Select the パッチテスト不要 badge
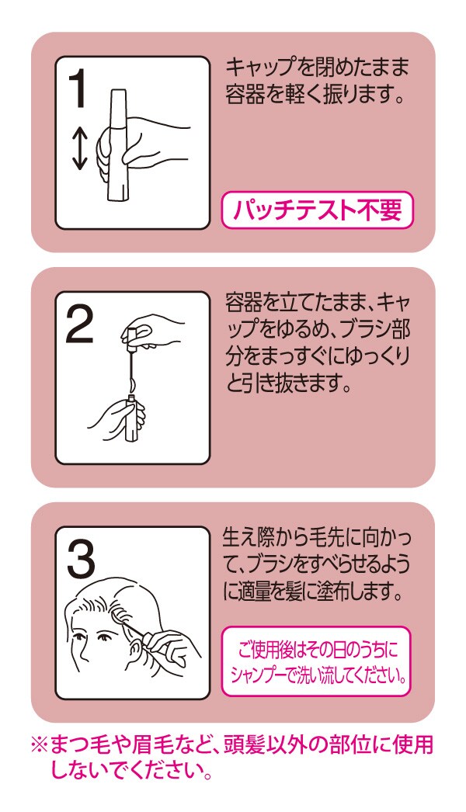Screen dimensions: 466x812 pos(317,210)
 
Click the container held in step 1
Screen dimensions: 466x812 pos(118,145)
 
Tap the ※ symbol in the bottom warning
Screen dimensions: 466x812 pos(40,746)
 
